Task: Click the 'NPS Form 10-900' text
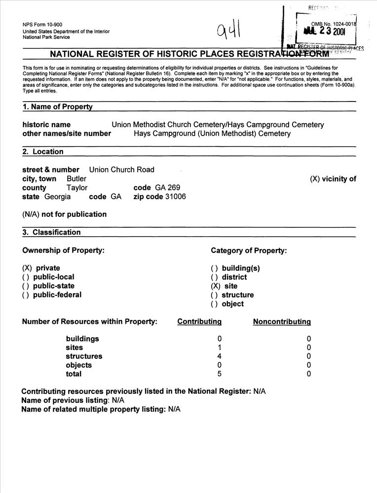(x=42, y=25)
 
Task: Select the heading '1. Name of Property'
(x=57, y=107)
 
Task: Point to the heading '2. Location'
(x=43, y=152)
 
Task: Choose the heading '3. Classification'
(x=51, y=232)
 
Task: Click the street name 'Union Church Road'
(x=121, y=170)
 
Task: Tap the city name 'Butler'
(x=76, y=178)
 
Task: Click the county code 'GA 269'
(x=168, y=188)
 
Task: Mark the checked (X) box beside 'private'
(x=27, y=268)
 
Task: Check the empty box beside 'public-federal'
(x=26, y=295)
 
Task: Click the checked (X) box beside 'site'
(x=216, y=286)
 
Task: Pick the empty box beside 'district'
(x=214, y=277)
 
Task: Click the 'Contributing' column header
(x=199, y=322)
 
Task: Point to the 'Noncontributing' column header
(x=282, y=322)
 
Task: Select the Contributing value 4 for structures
(x=220, y=356)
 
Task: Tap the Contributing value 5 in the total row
(x=220, y=374)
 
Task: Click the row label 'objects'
(x=79, y=365)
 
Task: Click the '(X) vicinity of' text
(x=333, y=179)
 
